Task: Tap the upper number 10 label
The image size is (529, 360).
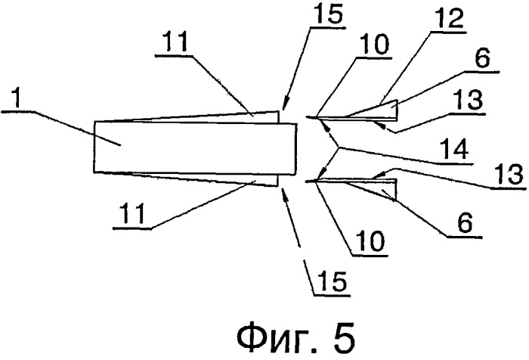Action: click(375, 45)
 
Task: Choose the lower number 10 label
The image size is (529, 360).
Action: click(370, 241)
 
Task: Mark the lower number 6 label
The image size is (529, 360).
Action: click(465, 223)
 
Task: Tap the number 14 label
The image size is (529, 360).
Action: click(453, 150)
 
